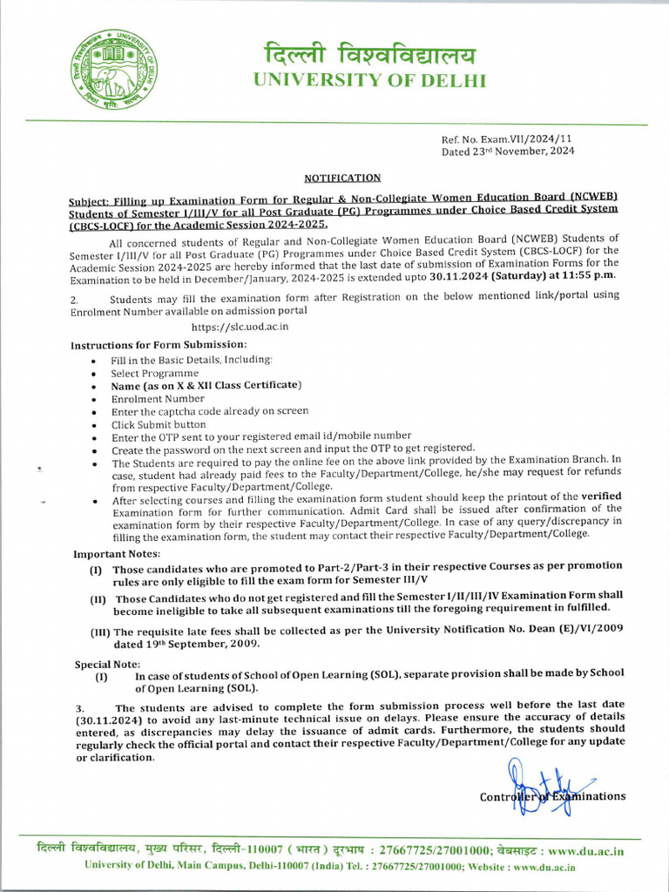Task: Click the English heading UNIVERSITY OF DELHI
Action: pos(369,81)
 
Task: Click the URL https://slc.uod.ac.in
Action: pos(240,327)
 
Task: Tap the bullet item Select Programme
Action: pos(155,372)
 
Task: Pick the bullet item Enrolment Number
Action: pos(158,398)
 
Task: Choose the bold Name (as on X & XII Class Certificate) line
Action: pos(206,385)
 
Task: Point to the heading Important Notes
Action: pos(117,554)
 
